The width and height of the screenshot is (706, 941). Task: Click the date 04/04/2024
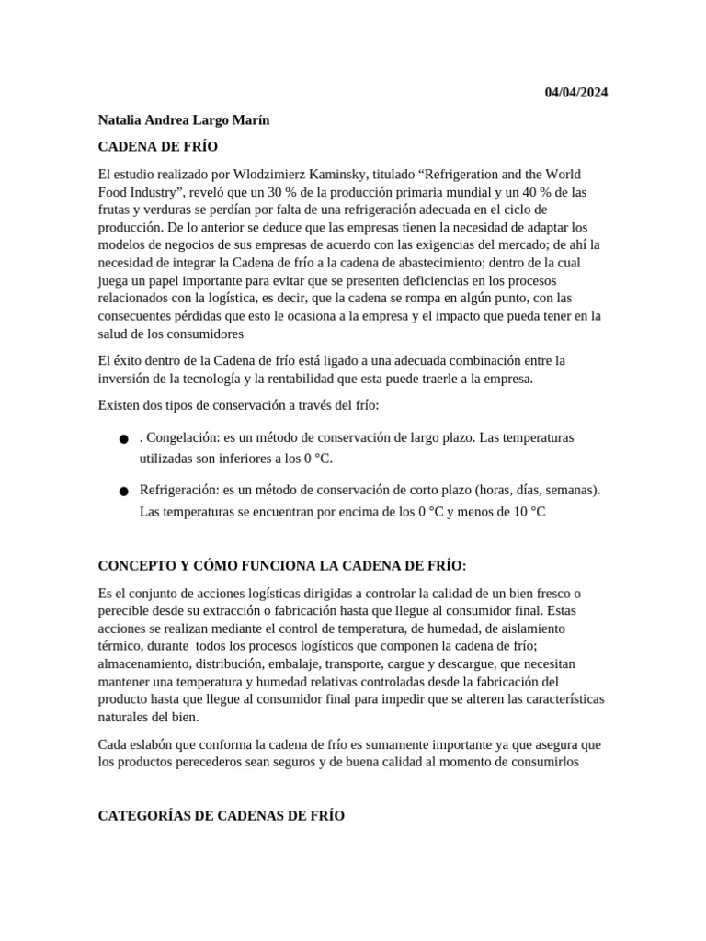pyautogui.click(x=575, y=93)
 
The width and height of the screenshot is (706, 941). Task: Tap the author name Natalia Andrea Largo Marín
pyautogui.click(x=184, y=120)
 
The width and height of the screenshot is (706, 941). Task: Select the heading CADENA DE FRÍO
pyautogui.click(x=157, y=147)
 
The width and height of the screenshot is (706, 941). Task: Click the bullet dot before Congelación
pyautogui.click(x=124, y=440)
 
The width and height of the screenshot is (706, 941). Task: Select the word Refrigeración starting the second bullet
pyautogui.click(x=180, y=490)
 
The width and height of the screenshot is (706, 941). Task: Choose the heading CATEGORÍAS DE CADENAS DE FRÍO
pyautogui.click(x=221, y=815)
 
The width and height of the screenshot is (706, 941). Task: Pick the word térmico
pyautogui.click(x=120, y=646)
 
